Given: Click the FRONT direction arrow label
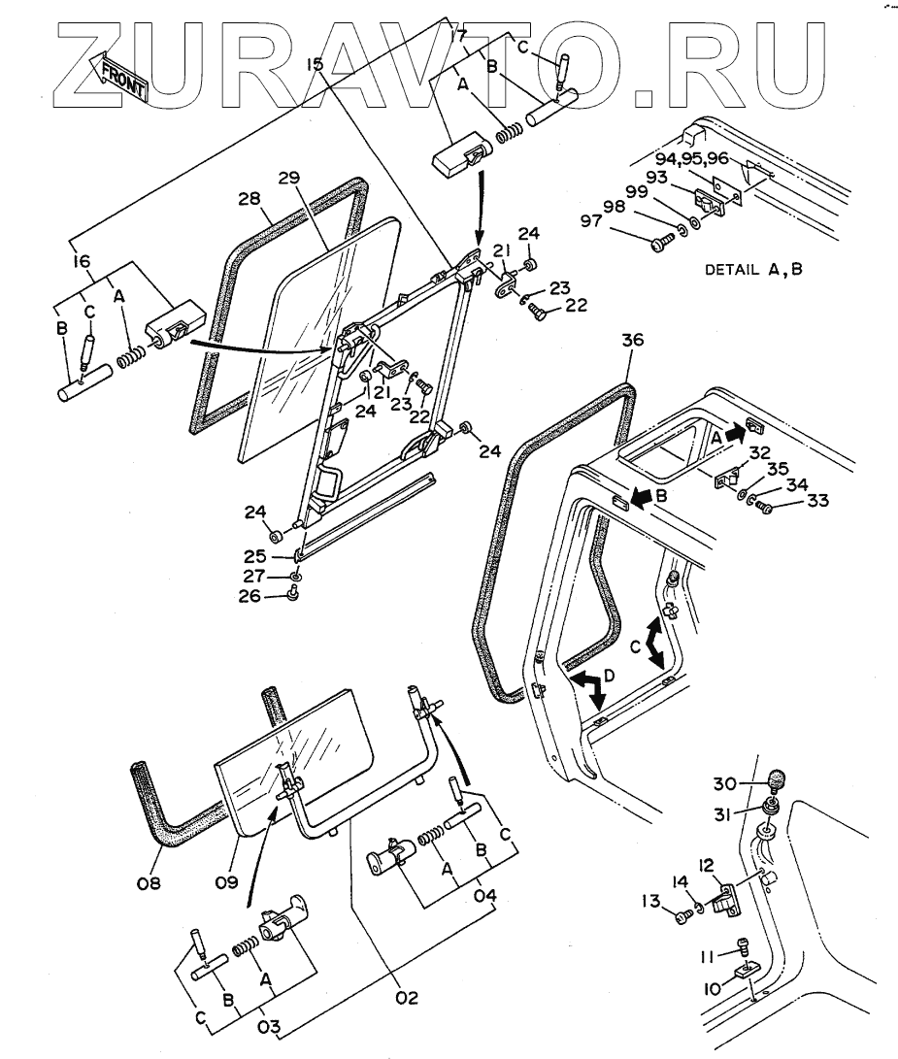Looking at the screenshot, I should (117, 78).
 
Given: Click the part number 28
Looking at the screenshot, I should (249, 199).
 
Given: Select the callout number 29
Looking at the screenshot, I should (288, 180).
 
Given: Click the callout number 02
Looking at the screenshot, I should (409, 998).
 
